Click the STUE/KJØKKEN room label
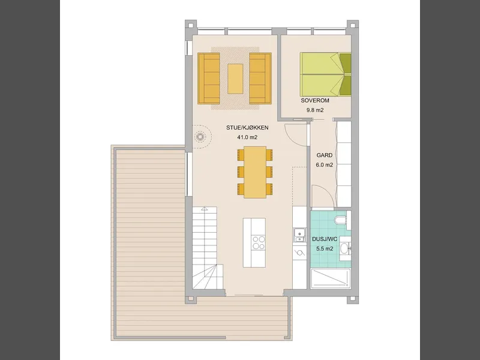click(x=247, y=128)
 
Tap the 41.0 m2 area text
click(x=247, y=137)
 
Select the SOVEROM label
click(x=315, y=100)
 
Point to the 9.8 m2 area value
click(x=315, y=110)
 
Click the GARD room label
click(x=325, y=155)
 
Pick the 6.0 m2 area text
click(x=325, y=164)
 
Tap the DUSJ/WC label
click(x=325, y=239)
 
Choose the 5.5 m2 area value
click(x=325, y=248)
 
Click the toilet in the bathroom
click(x=341, y=220)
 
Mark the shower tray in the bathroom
click(x=331, y=278)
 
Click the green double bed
click(x=325, y=74)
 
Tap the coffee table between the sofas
click(x=235, y=79)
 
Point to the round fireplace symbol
click(x=200, y=137)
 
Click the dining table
click(x=255, y=172)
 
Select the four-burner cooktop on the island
click(x=259, y=242)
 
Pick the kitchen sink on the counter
click(x=299, y=235)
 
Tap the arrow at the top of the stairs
click(x=205, y=209)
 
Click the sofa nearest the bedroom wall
click(x=260, y=79)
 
